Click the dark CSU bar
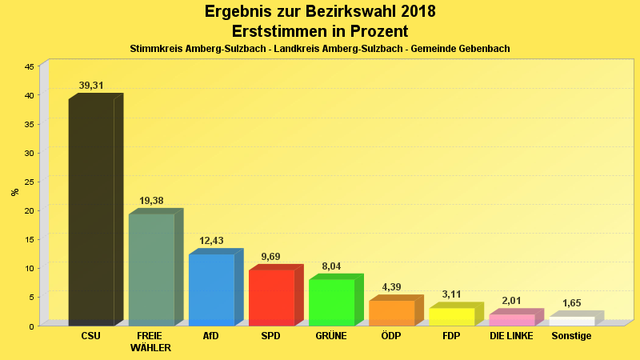click(x=91, y=212)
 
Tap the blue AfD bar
click(x=211, y=290)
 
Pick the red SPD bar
click(x=271, y=298)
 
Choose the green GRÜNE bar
click(x=331, y=302)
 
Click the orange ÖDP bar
click(x=391, y=313)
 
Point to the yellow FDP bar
click(x=451, y=317)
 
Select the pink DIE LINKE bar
click(x=511, y=320)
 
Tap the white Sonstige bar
click(x=571, y=321)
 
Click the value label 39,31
click(x=91, y=86)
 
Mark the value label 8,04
click(x=331, y=266)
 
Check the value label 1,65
click(x=571, y=303)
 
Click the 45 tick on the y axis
click(x=29, y=66)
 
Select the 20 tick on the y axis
click(x=29, y=210)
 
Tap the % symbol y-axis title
click(x=14, y=192)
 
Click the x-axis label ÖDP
click(x=391, y=336)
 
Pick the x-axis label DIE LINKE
click(x=511, y=336)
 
